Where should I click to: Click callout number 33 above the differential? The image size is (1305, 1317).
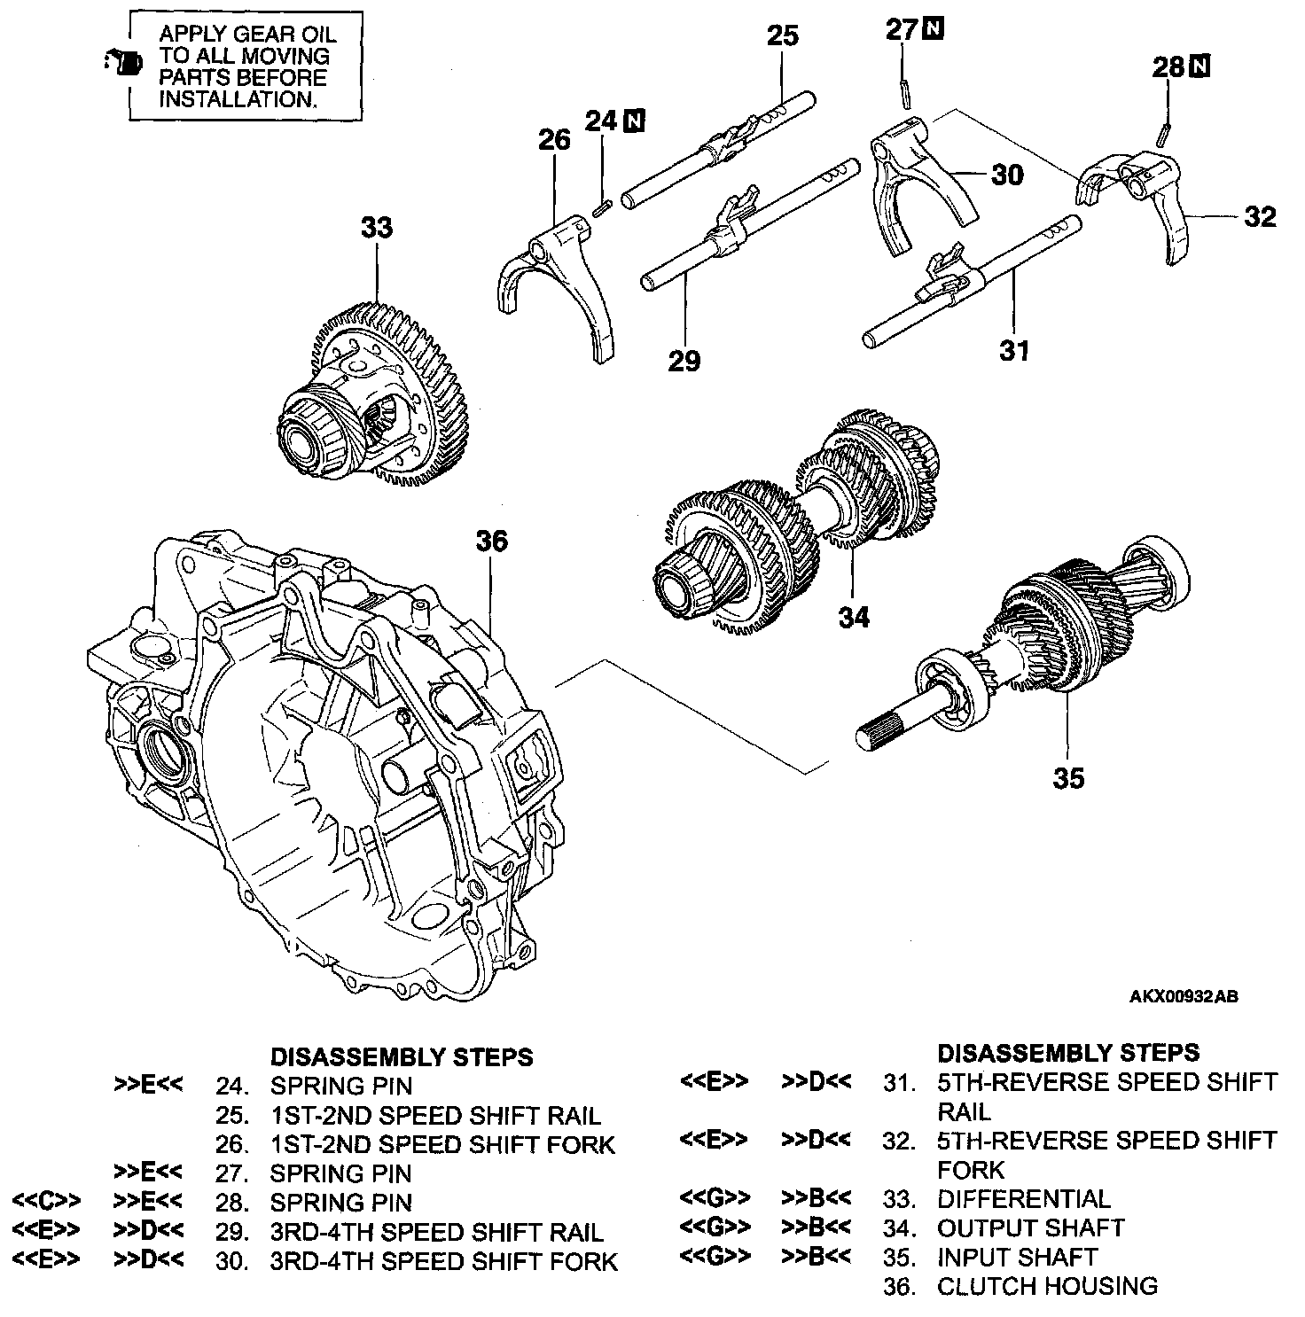pos(376,229)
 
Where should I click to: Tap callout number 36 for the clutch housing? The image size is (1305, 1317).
pos(492,541)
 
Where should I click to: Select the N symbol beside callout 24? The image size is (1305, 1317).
pos(634,121)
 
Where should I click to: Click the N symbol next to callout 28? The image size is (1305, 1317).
pos(1201,66)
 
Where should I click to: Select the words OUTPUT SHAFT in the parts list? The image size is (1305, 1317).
pos(1030,1228)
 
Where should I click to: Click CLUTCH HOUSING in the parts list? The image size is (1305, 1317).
pos(1047,1286)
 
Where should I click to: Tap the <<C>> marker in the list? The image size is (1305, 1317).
pos(47,1203)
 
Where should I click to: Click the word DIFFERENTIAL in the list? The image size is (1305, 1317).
pos(1023,1199)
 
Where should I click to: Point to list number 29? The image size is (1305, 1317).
pos(231,1233)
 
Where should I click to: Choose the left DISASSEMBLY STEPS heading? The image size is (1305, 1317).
pos(402,1057)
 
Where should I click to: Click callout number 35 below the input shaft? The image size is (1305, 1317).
pos(1068,778)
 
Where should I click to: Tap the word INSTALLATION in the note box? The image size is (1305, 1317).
pos(238,99)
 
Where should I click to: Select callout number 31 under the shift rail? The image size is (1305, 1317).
pos(1014,351)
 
